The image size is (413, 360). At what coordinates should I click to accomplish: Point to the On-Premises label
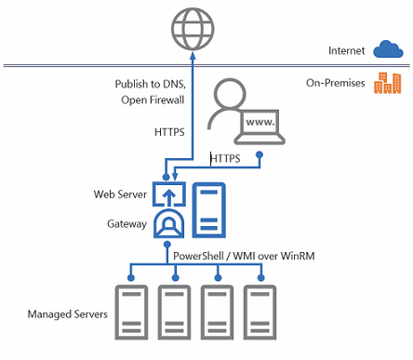point(336,84)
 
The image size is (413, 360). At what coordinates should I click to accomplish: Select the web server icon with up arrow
point(170,196)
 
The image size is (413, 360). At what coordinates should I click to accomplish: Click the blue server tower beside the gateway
point(208,210)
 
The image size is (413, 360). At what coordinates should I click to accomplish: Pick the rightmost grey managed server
point(261,314)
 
